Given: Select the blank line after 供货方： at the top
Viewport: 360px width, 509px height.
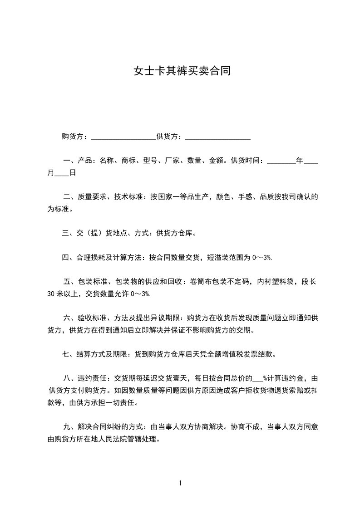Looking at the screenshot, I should (x=218, y=137).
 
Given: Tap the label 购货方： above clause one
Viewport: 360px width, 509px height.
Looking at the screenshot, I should (x=76, y=136).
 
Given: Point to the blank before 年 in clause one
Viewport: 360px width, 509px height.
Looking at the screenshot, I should (x=281, y=161).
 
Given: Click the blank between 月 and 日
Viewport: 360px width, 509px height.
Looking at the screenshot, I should (x=61, y=173).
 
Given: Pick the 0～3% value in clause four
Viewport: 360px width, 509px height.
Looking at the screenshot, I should (x=262, y=258).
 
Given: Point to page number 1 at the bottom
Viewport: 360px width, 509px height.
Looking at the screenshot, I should (x=180, y=483).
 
